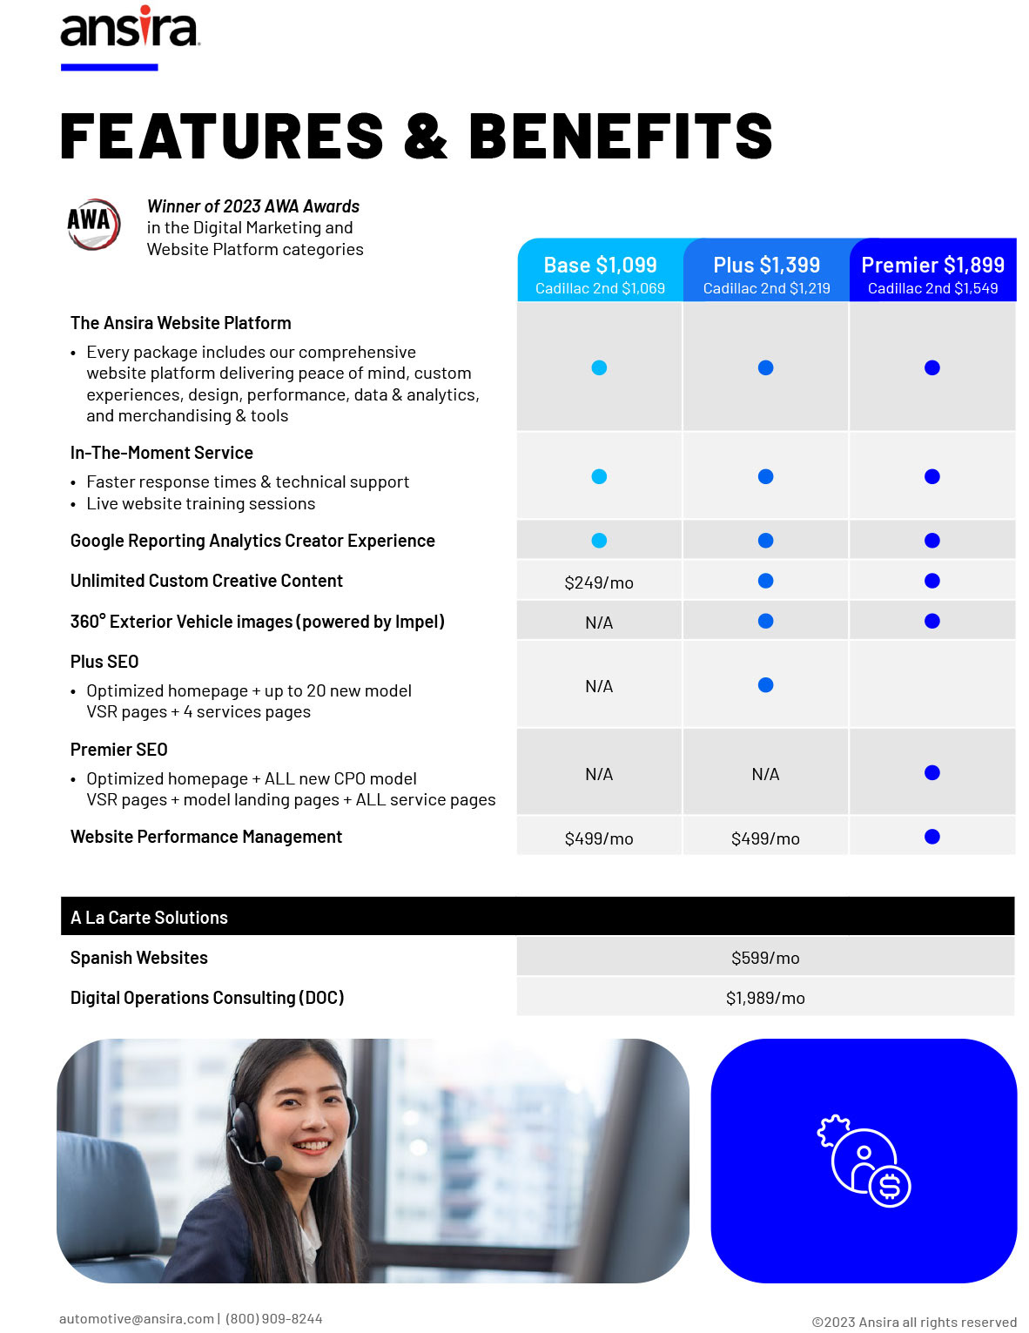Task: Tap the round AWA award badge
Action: [x=93, y=224]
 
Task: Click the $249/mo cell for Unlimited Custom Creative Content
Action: [x=599, y=582]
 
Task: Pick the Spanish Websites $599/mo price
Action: [x=765, y=958]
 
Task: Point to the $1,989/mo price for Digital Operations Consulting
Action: [x=765, y=998]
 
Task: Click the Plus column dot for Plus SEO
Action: [x=766, y=685]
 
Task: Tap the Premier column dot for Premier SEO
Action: [x=932, y=773]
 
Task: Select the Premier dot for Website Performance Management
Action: [x=932, y=837]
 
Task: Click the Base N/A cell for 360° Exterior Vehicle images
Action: [x=599, y=623]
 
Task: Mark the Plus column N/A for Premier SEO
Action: [x=766, y=774]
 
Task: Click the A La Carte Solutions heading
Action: [x=149, y=918]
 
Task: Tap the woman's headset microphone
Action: [x=272, y=1162]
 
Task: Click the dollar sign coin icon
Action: [x=890, y=1186]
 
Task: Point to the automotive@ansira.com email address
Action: [x=136, y=1318]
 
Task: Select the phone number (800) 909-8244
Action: [x=274, y=1318]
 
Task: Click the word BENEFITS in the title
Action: [x=621, y=137]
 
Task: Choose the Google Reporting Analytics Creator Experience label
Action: [x=252, y=541]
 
